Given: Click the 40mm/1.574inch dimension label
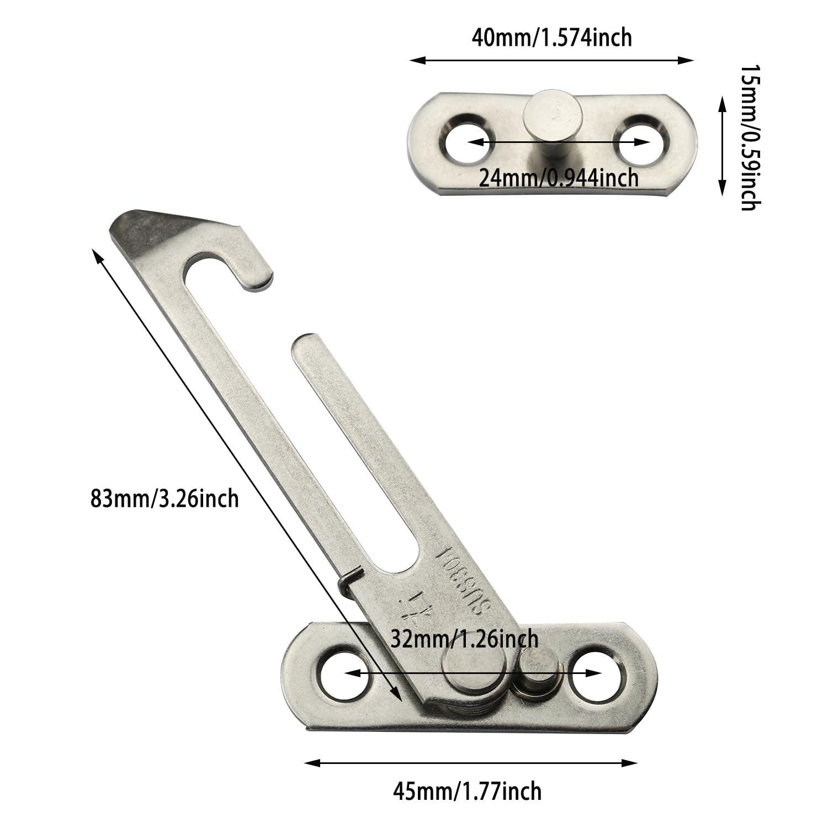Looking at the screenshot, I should coord(551,38).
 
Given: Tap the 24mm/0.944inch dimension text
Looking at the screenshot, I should coord(559,178).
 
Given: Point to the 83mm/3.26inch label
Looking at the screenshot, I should coord(165,498).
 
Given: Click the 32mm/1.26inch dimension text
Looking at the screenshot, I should coord(464,639).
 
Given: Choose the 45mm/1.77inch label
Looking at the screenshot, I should coord(467,790).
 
